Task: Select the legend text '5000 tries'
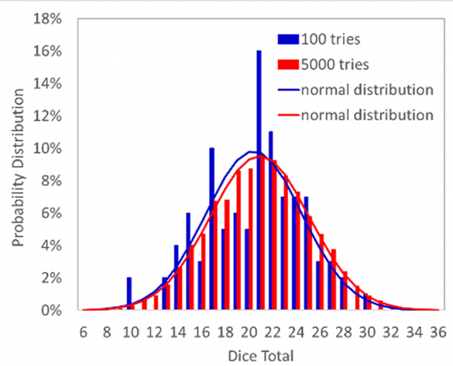pyautogui.click(x=334, y=64)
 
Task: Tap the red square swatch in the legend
pyautogui.click(x=288, y=64)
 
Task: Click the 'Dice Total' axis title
pyautogui.click(x=260, y=355)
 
